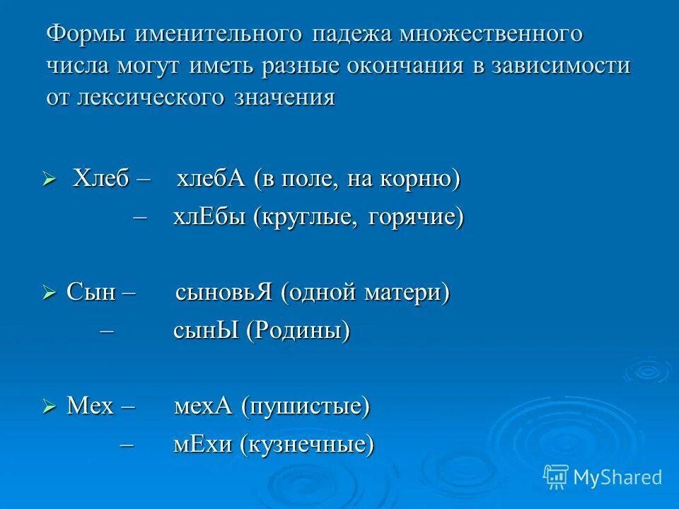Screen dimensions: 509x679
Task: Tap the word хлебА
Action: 211,180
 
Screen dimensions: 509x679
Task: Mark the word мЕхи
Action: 202,445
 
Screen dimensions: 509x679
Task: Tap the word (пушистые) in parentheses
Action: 305,406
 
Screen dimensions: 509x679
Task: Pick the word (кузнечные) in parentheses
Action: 306,445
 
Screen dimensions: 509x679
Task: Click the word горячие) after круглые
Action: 416,217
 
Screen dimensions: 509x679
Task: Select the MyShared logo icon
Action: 555,476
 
